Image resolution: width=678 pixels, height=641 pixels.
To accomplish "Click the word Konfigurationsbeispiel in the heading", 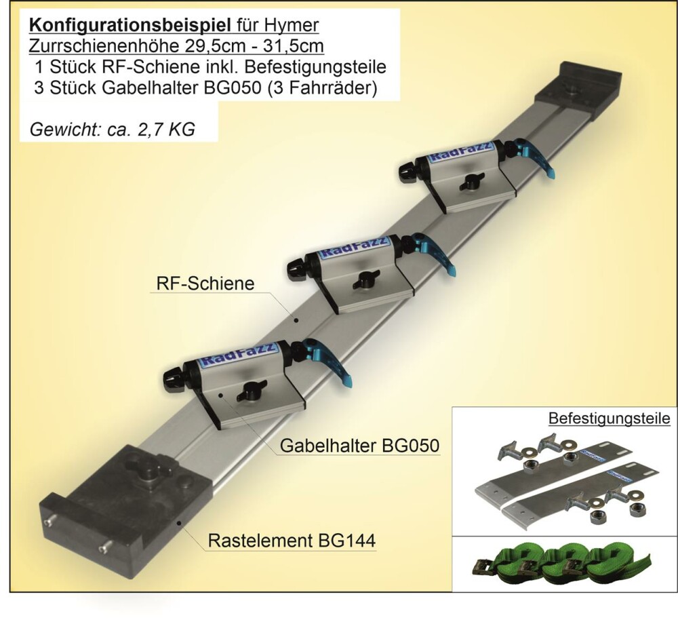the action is (x=130, y=26).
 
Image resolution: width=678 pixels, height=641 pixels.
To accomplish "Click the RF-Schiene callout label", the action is (x=205, y=284).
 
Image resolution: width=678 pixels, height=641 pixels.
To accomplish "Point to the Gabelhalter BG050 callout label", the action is (x=359, y=445).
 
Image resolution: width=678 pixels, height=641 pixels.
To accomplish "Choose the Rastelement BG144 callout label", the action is (x=292, y=541).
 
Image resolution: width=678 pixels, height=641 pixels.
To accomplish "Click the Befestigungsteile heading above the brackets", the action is (x=609, y=419).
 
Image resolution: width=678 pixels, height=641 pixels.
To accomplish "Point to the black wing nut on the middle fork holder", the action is (x=365, y=279).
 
